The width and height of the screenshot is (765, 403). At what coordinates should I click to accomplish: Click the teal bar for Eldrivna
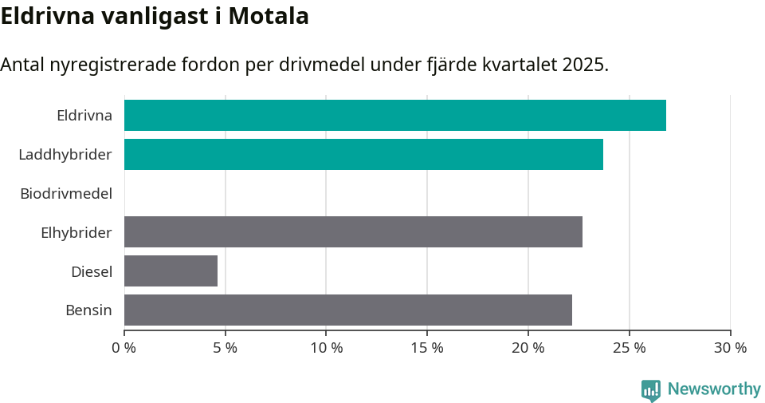coord(394,116)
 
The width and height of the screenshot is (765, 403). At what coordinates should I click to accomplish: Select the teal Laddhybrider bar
coord(363,154)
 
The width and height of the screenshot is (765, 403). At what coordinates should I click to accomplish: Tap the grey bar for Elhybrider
coord(353,231)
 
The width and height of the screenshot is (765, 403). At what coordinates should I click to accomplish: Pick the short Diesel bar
coord(171,271)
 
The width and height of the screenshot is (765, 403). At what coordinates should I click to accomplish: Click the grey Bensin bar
coord(347,310)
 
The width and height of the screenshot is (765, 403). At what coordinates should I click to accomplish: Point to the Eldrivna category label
coord(84,116)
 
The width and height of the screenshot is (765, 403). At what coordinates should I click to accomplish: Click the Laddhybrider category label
coord(65,154)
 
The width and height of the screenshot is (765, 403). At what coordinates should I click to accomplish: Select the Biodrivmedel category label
coord(66,193)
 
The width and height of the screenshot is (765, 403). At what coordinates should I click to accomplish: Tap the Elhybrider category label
coord(76,232)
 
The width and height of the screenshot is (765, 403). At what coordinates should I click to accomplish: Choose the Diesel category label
coord(92,271)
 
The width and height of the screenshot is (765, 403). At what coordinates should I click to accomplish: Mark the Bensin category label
coord(88,310)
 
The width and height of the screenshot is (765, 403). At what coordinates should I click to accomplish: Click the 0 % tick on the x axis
coord(124,348)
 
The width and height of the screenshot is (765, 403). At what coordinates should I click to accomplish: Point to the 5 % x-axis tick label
coord(226,348)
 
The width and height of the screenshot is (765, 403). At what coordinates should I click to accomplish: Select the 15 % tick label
coord(427,348)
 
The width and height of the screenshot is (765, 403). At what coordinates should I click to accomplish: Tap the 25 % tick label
coord(630,348)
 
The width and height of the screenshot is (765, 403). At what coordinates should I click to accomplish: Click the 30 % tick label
coord(730,348)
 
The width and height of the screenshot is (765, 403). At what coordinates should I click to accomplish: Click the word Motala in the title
coord(269,16)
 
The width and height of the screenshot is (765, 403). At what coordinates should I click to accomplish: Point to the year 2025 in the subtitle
coord(583,65)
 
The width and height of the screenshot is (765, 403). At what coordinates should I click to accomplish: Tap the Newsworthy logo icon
coord(651,390)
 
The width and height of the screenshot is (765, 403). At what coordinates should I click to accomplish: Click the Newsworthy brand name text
coord(714,389)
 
